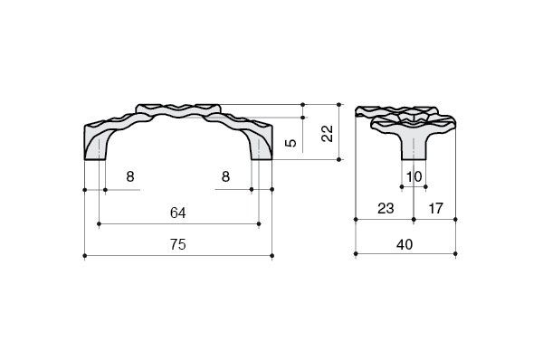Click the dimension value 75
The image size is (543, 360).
click(x=178, y=244)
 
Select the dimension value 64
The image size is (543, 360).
click(x=178, y=213)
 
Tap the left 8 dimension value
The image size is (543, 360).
click(x=129, y=176)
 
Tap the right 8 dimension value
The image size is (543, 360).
click(x=225, y=176)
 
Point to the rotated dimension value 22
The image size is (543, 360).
click(x=327, y=133)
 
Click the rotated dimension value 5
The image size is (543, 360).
click(x=291, y=143)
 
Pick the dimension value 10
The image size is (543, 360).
click(x=414, y=176)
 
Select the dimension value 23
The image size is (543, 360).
click(x=386, y=208)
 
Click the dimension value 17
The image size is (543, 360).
click(x=435, y=208)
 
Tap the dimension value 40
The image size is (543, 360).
click(x=405, y=245)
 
